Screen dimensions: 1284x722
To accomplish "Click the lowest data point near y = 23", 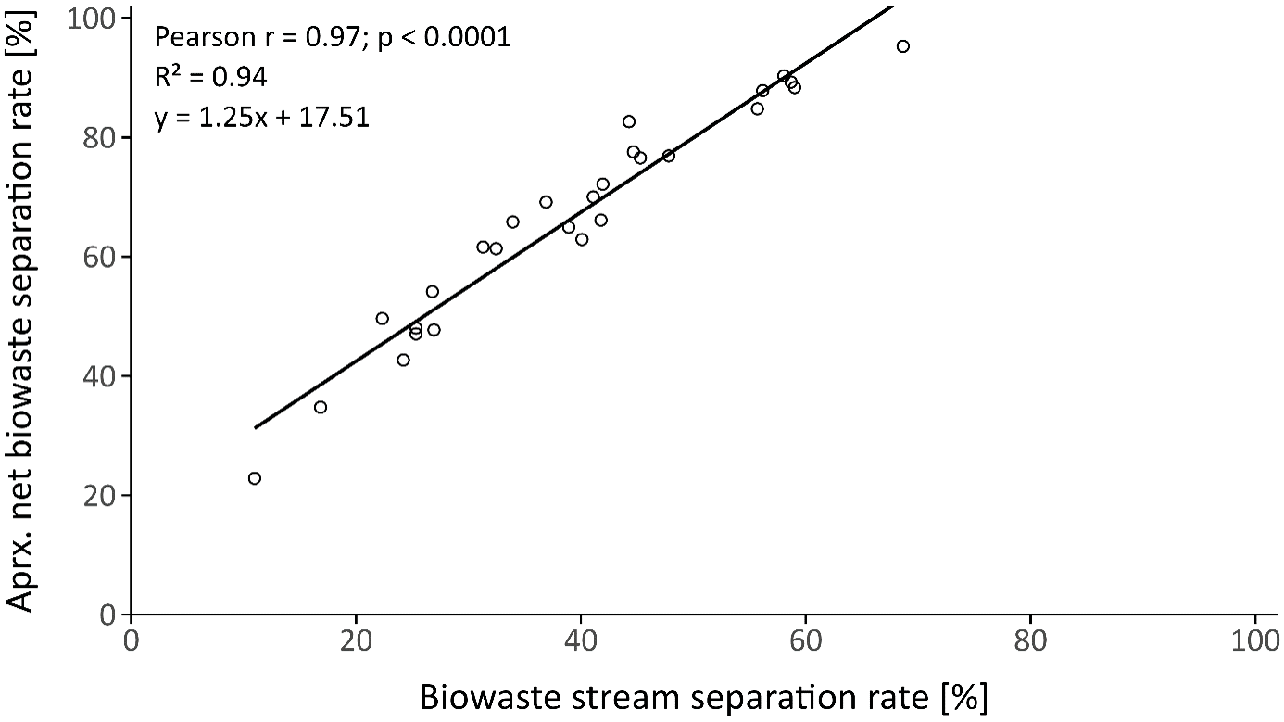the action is (255, 478).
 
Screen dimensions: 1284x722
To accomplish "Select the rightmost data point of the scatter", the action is (903, 46).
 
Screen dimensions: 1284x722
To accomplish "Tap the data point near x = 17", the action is (321, 407).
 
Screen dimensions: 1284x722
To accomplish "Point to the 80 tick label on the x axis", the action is (1030, 641).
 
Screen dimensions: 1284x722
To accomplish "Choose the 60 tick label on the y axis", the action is (98, 257).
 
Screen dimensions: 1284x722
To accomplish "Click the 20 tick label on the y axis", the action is (98, 496).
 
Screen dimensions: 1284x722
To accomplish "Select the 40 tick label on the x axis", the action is (581, 641).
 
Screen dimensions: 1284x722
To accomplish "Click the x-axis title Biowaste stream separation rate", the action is (704, 698).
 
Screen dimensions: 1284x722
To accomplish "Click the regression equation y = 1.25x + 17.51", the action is (262, 119).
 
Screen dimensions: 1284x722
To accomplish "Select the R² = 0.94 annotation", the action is (210, 78).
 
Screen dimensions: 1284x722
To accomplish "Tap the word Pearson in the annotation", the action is (205, 38).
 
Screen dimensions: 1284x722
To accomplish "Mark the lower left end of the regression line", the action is (255, 428).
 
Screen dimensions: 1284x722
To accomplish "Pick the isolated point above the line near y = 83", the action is (629, 121).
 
